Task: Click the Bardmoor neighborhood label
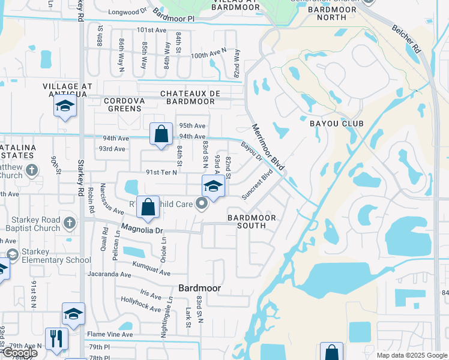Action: point(200,288)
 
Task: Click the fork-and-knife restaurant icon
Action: point(57,338)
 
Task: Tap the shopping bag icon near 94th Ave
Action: point(161,134)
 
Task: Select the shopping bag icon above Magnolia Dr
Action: point(148,207)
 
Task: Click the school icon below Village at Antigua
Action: point(65,107)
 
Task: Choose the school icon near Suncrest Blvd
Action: point(213,187)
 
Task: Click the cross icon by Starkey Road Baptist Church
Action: point(70,223)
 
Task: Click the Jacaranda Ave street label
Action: point(109,274)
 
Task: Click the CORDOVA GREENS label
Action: point(124,104)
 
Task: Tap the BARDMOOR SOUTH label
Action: point(252,221)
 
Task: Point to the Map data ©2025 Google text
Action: point(412,355)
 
